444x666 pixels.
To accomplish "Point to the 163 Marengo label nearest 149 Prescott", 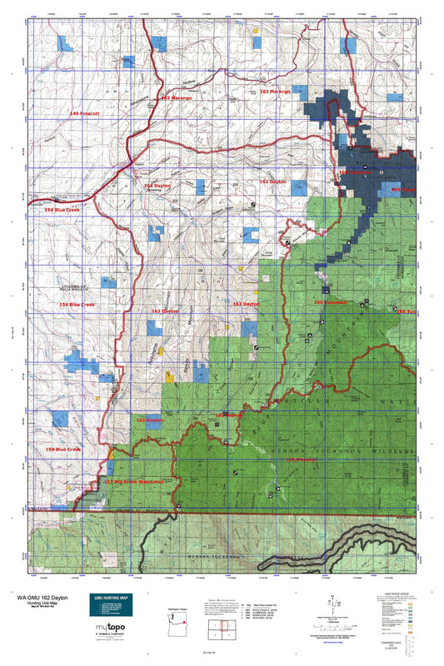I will point(176,98).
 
